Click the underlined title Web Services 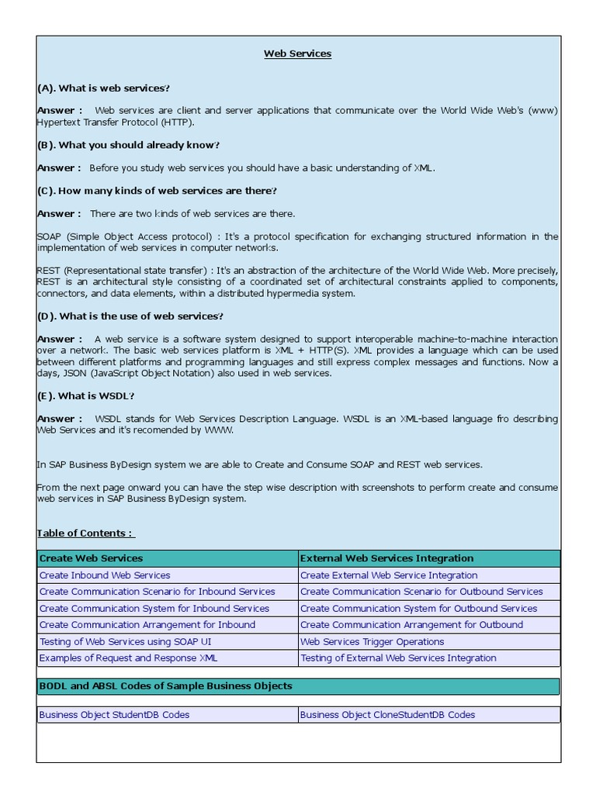click(x=297, y=54)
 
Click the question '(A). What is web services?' click(x=103, y=88)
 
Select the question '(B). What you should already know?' click(x=128, y=145)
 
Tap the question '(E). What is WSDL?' click(x=85, y=395)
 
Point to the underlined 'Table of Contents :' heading click(x=85, y=533)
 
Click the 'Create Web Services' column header click(x=91, y=558)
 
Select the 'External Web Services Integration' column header click(x=386, y=558)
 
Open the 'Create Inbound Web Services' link click(x=105, y=575)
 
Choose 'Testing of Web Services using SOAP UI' click(x=125, y=642)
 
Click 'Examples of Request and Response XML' click(x=128, y=658)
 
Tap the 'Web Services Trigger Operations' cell click(x=372, y=642)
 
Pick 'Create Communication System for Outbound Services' click(x=418, y=609)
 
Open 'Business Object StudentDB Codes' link click(x=114, y=715)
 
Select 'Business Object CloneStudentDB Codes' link click(x=387, y=715)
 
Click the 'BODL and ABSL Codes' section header click(x=165, y=686)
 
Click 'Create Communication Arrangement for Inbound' click(x=147, y=625)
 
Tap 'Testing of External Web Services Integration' click(x=398, y=658)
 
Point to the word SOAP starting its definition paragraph click(x=49, y=236)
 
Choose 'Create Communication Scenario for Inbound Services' click(x=157, y=592)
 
